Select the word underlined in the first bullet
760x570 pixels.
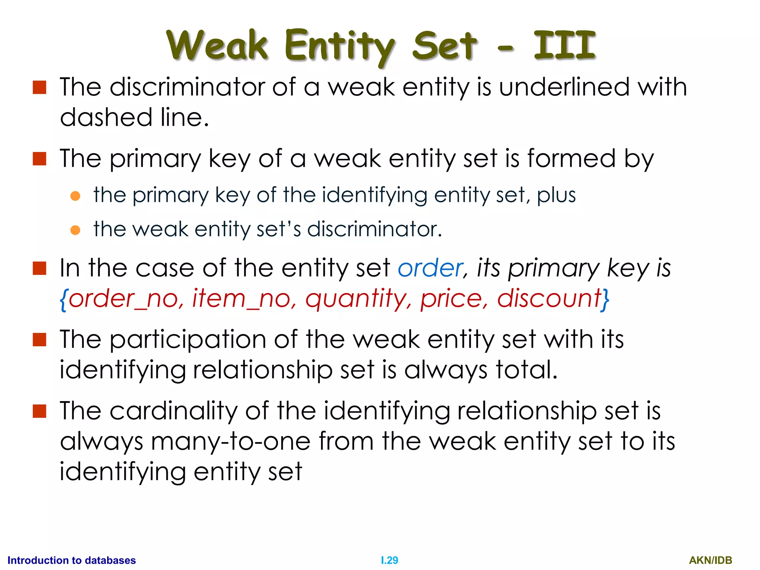pos(564,87)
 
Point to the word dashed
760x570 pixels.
pos(106,117)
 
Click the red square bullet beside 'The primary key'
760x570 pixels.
pos(39,159)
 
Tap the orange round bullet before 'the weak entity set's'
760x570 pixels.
pos(75,230)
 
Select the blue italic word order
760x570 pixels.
pos(430,268)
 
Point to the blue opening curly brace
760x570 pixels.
pos(63,299)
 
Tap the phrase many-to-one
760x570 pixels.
pos(230,442)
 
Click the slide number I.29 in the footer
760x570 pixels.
pos(389,560)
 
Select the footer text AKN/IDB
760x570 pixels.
pos(710,560)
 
